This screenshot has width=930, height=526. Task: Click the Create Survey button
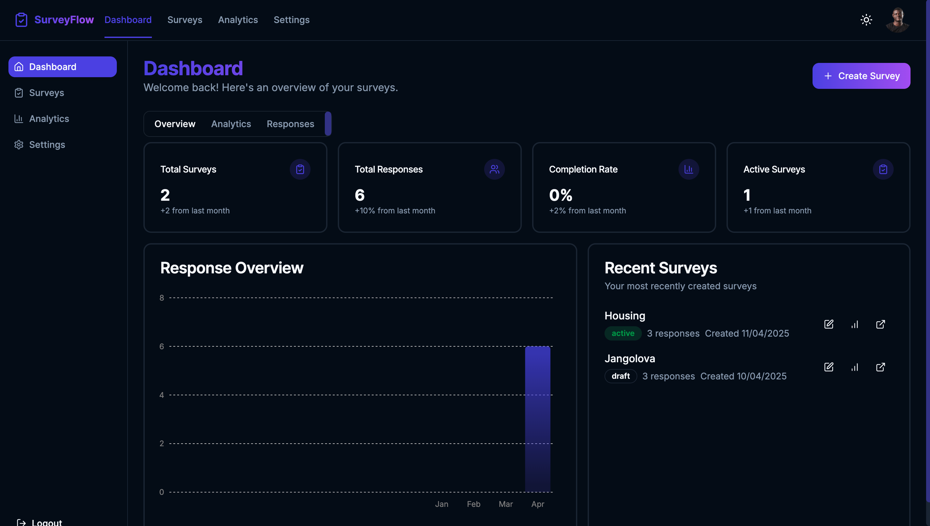[861, 76]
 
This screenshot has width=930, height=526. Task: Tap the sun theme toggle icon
[866, 20]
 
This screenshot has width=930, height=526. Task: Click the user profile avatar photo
[897, 20]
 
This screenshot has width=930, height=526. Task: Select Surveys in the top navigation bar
[185, 20]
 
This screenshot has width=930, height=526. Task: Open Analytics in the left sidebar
[49, 119]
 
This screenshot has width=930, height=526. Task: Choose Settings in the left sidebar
[47, 145]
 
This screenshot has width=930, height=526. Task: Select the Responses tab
[290, 124]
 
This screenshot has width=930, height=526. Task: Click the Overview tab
[175, 124]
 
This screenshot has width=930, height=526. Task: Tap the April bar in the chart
[537, 419]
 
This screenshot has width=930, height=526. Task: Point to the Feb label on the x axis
[473, 504]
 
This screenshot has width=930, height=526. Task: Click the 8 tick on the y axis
[162, 298]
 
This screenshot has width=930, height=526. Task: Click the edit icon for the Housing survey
[828, 324]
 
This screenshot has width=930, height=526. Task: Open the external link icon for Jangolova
[880, 367]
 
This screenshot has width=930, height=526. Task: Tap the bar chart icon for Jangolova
[854, 367]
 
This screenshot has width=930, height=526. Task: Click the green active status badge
[623, 333]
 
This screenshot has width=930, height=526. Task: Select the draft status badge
[621, 377]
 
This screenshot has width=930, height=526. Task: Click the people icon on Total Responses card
[494, 169]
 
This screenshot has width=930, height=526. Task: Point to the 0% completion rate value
[561, 196]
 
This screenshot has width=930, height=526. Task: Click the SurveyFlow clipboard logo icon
[21, 20]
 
